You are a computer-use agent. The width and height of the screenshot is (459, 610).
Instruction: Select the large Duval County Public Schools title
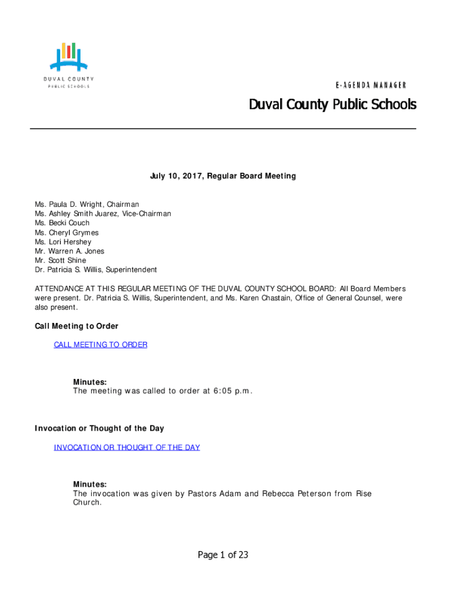point(332,105)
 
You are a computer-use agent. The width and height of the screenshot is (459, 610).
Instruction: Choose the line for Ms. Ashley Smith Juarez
point(103,213)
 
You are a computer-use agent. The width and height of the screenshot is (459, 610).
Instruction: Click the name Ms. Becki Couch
point(62,223)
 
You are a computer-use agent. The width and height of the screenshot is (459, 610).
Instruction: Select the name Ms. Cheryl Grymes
point(67,232)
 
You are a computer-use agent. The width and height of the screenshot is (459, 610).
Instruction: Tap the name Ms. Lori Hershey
point(63,242)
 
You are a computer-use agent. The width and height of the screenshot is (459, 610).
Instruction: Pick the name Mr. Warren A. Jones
point(69,251)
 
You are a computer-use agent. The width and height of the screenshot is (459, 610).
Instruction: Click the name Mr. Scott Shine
point(60,260)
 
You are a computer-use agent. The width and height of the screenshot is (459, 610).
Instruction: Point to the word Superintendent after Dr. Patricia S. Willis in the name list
point(131,270)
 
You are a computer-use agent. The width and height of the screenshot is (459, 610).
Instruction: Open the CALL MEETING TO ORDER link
point(100,344)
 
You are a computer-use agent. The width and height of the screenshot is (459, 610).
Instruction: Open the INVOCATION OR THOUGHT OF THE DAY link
point(126,447)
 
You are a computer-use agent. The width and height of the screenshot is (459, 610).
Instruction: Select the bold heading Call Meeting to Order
point(76,326)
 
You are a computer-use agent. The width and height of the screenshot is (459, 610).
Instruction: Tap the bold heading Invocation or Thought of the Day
point(99,428)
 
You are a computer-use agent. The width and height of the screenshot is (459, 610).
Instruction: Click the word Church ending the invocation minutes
point(87,502)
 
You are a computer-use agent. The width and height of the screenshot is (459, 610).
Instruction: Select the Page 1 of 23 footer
point(223,555)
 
